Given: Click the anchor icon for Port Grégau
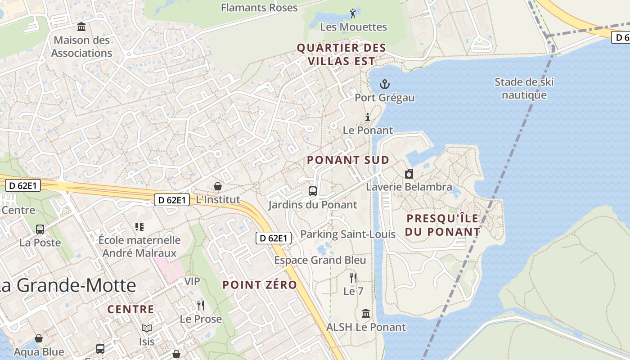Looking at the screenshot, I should click(385, 84).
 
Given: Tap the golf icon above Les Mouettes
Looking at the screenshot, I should click(353, 13).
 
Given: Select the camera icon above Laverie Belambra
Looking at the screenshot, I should click(409, 174).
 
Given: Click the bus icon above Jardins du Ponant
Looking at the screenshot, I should click(313, 191).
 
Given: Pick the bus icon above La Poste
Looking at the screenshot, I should click(40, 229).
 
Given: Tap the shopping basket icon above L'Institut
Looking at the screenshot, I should click(218, 186).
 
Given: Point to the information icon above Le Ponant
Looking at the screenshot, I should click(368, 117).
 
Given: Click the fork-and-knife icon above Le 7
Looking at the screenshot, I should click(353, 278).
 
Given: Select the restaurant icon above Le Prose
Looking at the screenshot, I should click(201, 306).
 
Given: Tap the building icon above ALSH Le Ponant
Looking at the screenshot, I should click(366, 313).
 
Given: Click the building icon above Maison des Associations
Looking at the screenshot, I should click(81, 27).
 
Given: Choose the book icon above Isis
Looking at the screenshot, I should click(147, 328).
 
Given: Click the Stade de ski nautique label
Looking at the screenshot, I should click(524, 88).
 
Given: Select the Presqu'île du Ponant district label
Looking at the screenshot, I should click(443, 225).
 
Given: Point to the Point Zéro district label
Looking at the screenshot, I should click(260, 285).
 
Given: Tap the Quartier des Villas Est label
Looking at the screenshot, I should click(342, 54).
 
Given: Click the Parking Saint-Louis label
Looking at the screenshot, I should click(348, 234).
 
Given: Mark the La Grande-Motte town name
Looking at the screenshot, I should click(67, 285).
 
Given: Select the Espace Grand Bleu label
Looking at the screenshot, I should click(320, 260).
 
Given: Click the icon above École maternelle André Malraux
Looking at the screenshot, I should click(139, 226).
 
